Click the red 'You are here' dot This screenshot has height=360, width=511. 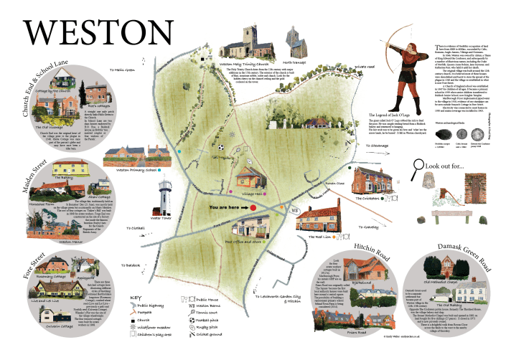tap(253, 207)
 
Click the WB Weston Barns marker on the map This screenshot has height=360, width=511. tap(294, 209)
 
